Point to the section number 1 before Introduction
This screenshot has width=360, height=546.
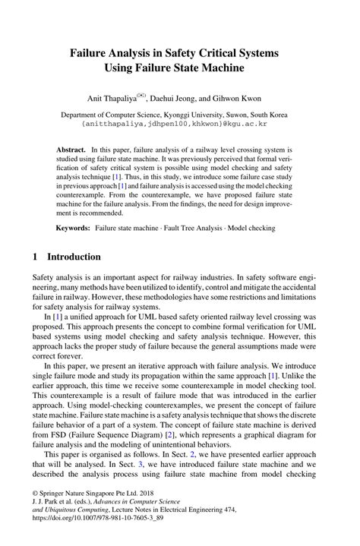(35, 257)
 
